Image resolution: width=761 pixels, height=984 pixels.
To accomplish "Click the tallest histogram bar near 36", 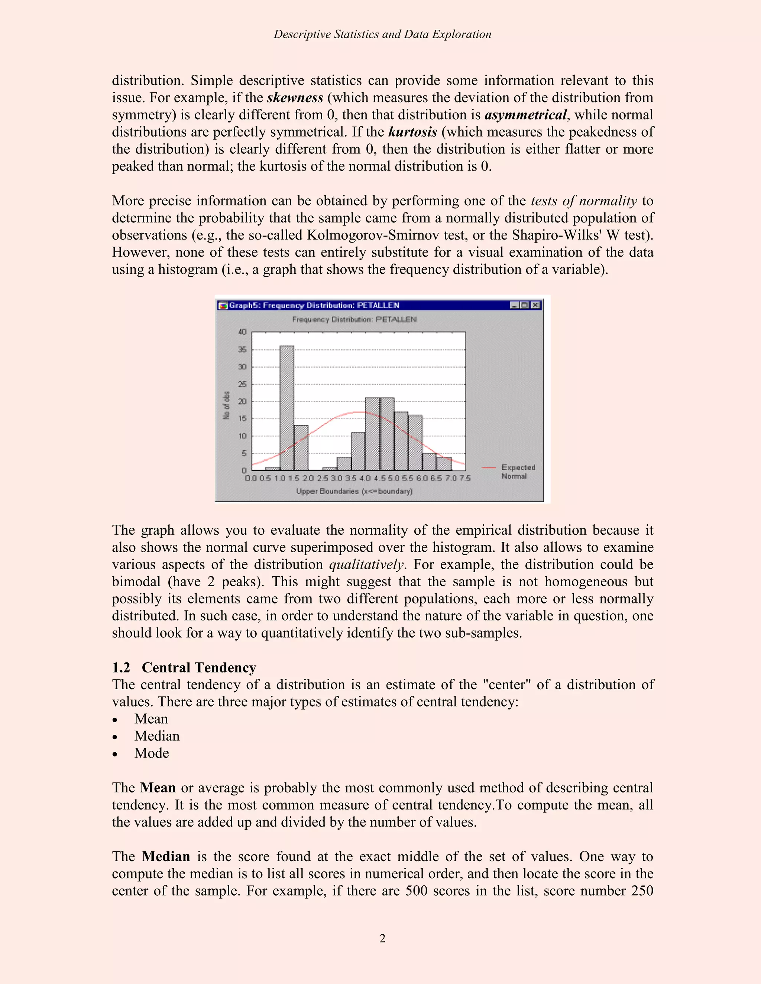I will [x=286, y=408].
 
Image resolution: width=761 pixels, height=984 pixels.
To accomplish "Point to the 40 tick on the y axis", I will [x=242, y=332].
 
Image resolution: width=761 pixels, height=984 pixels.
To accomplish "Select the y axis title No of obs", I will [x=226, y=405].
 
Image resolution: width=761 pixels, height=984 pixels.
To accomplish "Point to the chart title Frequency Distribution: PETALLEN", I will [x=354, y=319].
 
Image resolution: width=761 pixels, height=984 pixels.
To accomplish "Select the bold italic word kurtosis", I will [x=412, y=132].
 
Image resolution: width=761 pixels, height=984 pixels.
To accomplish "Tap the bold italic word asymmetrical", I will [x=525, y=115].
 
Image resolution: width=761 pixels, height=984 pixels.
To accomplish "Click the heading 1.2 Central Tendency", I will [x=184, y=667].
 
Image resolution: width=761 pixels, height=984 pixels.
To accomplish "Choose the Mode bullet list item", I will [x=152, y=753].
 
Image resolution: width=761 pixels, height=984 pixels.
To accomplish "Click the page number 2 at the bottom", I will [x=382, y=938].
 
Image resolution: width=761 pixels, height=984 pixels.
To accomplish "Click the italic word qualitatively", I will [x=366, y=564].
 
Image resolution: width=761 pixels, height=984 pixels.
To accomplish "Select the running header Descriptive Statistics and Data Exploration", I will [x=382, y=34].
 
